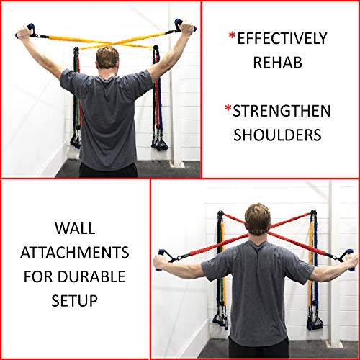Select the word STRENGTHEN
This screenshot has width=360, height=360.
[282, 112]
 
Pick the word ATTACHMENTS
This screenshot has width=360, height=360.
[75, 253]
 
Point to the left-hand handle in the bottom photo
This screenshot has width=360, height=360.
[163, 259]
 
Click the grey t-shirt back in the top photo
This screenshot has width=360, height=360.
[107, 115]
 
